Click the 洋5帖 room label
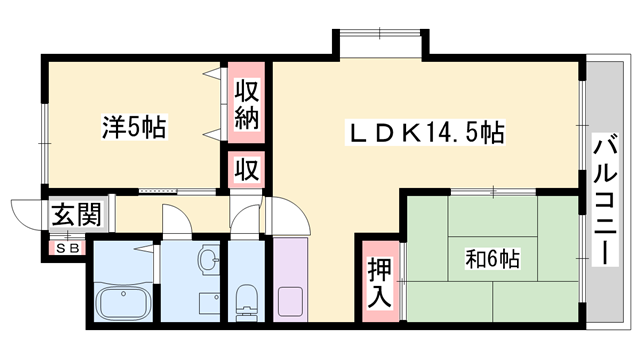133,128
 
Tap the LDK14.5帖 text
425,131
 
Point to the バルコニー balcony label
604,199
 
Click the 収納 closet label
247,103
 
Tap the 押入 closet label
378,282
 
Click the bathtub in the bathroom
122,303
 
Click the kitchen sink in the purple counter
291,300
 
